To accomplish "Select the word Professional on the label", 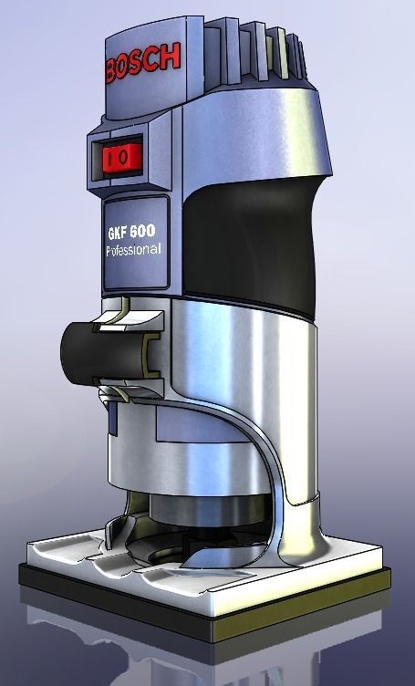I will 134,249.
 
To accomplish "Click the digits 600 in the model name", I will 148,233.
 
